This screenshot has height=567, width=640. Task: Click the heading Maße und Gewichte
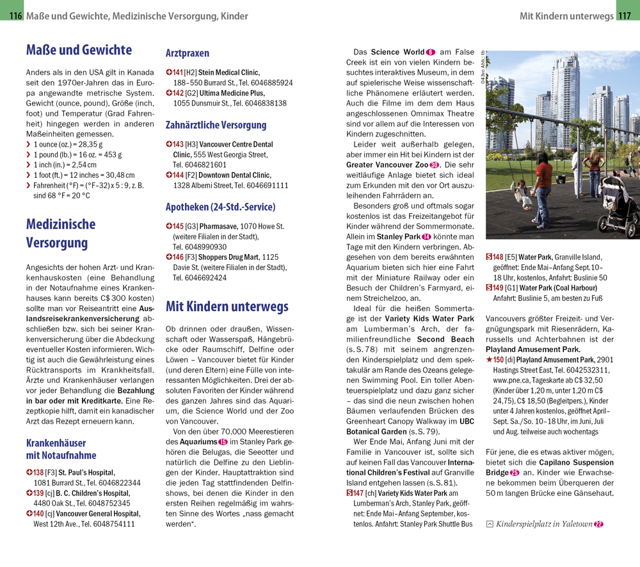point(79,50)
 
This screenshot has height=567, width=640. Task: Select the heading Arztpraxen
point(188,53)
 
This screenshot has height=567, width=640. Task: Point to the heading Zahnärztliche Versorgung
point(216,125)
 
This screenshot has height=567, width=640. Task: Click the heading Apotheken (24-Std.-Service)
point(220,207)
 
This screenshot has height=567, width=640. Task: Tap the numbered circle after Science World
point(430,52)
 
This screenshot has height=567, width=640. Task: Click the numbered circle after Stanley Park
point(426,237)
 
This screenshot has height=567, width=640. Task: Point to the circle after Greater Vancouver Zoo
point(435,164)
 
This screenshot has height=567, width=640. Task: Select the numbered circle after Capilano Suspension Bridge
point(515,472)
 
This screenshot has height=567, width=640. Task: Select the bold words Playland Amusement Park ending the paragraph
point(533,349)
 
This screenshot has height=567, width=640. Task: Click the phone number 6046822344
point(120,483)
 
